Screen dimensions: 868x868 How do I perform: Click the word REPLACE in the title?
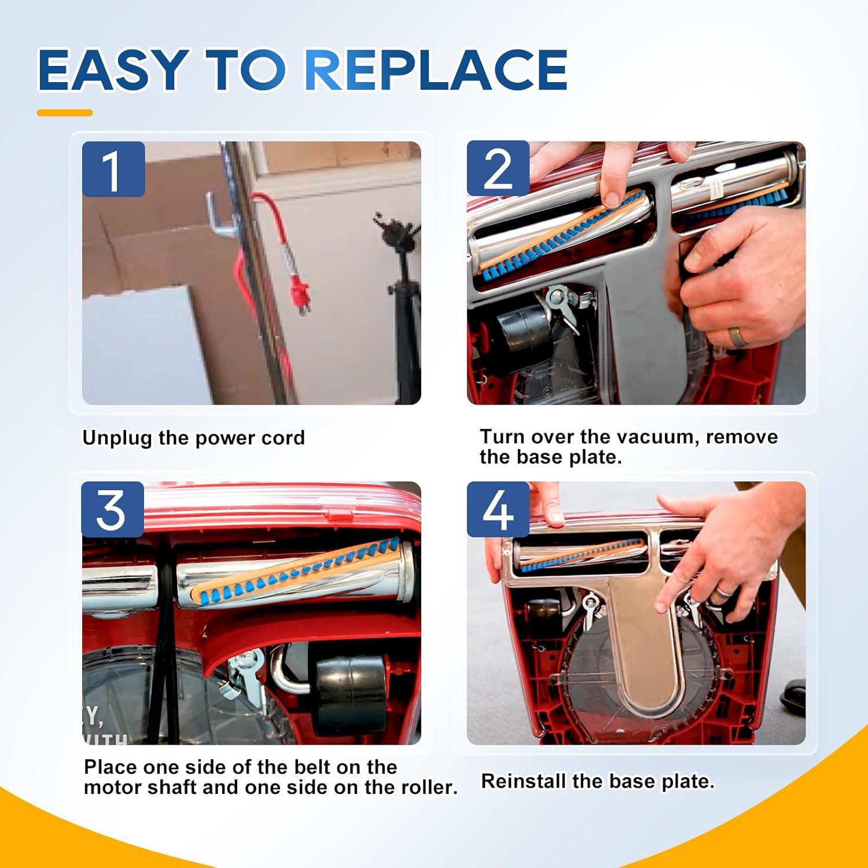coord(436,70)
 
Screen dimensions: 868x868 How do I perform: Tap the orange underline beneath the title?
coord(65,113)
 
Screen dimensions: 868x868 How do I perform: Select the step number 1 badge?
coord(113,169)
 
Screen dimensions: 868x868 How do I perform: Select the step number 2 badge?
coord(498,168)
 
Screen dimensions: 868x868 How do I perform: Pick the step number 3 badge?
coord(112,510)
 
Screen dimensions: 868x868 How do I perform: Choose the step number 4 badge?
coord(498,510)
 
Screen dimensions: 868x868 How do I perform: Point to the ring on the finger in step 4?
coord(724,592)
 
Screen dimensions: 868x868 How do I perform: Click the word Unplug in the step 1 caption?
coord(118,438)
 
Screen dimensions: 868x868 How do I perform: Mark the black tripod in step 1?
coord(399,301)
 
